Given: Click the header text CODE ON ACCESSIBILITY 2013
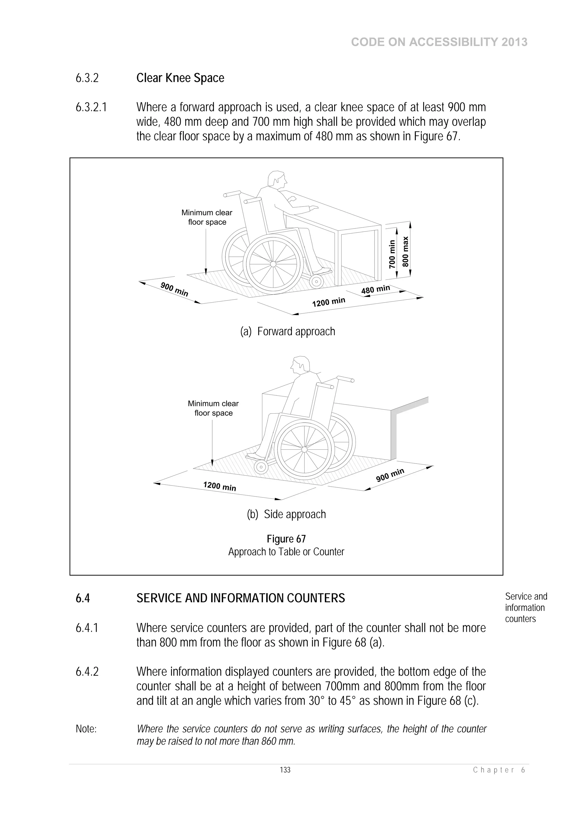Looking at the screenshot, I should tap(439, 42).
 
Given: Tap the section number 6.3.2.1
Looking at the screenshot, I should tap(91, 107).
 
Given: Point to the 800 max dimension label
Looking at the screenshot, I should tap(405, 251).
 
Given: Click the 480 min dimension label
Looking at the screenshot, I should tap(375, 289).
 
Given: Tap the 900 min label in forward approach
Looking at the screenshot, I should tap(174, 289).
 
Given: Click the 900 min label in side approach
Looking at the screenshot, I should tap(390, 475).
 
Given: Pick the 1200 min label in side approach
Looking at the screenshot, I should tap(219, 486).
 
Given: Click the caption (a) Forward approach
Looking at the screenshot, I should tap(288, 332).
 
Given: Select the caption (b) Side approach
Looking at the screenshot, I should tap(286, 514).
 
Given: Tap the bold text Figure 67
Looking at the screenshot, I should tap(286, 539).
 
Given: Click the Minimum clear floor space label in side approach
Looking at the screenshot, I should tap(213, 408).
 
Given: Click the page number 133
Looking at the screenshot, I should tap(285, 770).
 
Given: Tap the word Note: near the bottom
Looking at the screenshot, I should tap(86, 729).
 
